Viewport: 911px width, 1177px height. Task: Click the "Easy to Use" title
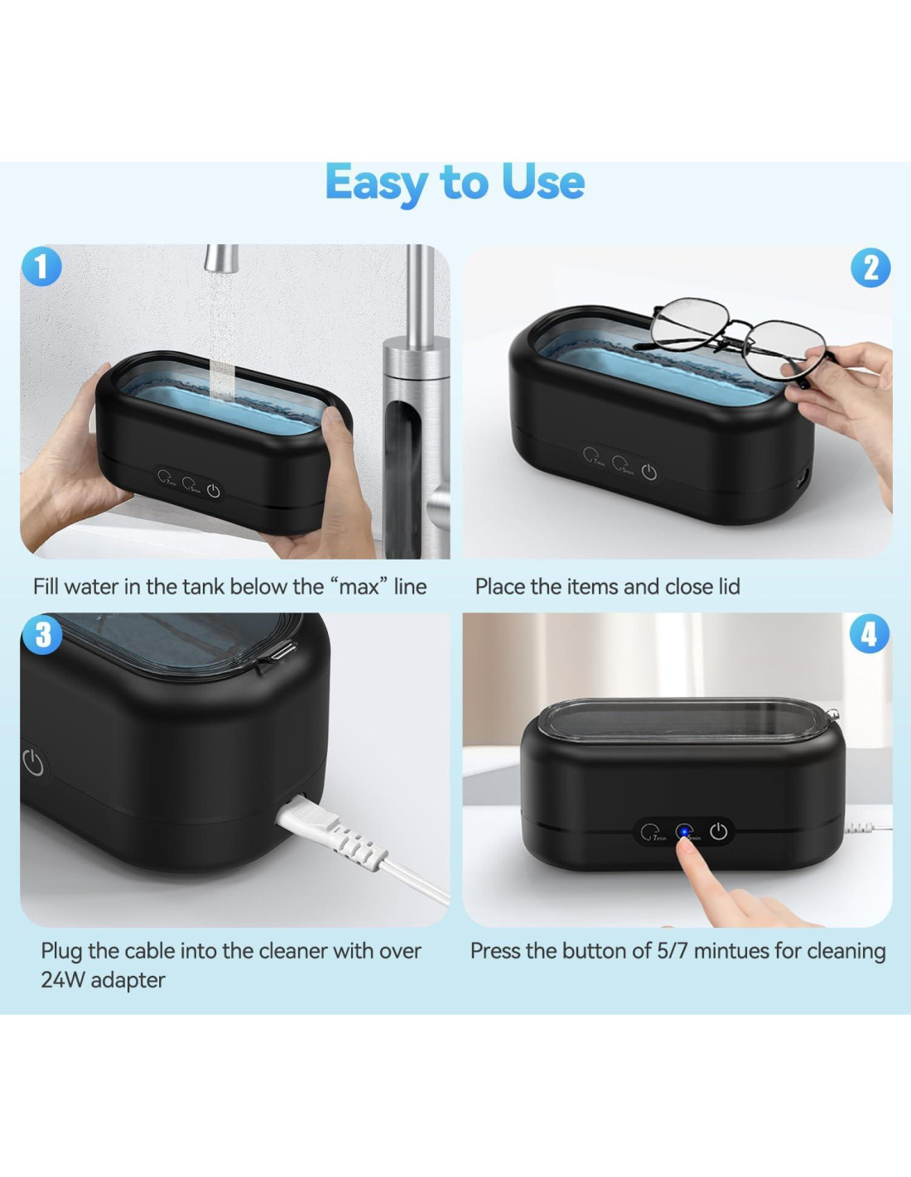(455, 184)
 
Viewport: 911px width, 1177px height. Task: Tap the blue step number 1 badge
(41, 266)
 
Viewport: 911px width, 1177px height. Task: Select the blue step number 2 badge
(870, 267)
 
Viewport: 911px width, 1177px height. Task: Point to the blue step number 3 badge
(41, 634)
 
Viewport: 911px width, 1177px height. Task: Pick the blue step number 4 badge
(870, 633)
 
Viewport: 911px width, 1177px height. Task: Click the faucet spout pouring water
(221, 258)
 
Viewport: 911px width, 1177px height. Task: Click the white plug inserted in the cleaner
(330, 830)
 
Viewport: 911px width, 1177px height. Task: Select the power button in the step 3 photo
(34, 763)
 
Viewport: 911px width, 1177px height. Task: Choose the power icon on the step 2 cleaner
(649, 473)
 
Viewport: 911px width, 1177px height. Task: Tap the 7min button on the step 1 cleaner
(166, 478)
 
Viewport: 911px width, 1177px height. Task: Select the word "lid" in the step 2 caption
(728, 587)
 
